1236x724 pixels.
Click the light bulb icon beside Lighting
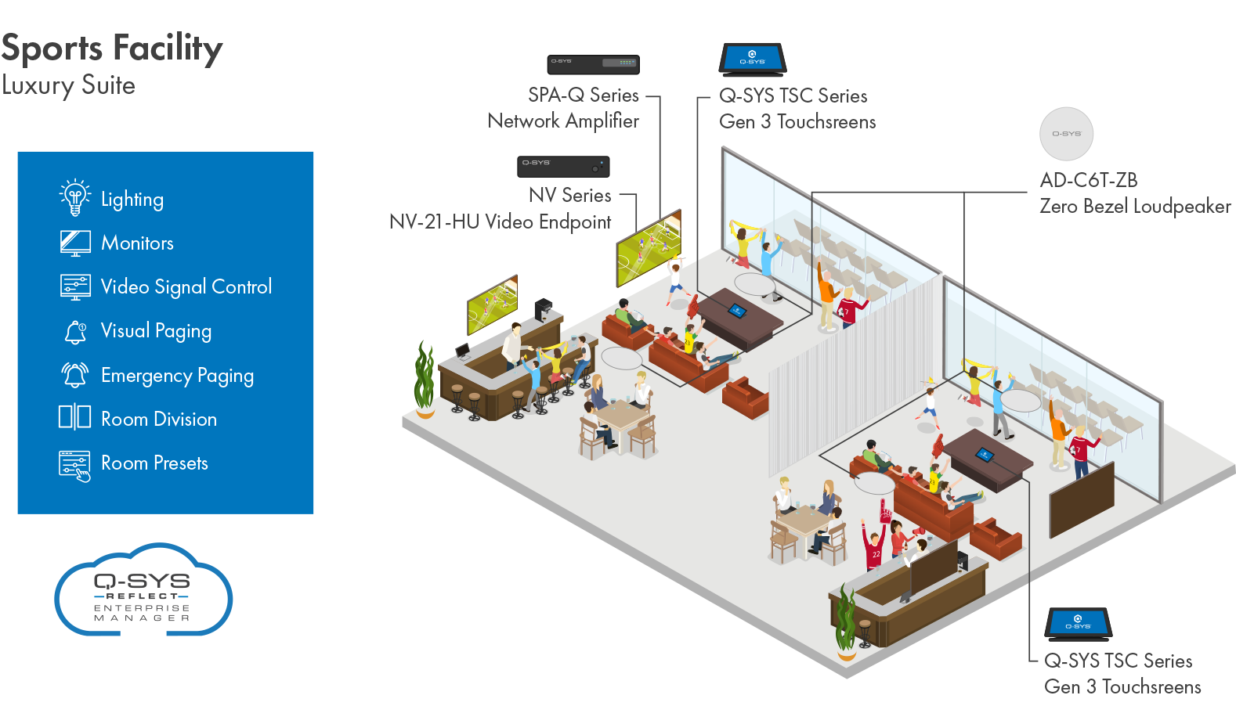(75, 197)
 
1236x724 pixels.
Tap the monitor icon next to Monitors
(75, 243)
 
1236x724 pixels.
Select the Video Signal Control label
(186, 287)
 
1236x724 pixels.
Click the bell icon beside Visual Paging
(75, 332)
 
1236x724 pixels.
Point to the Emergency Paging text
(177, 376)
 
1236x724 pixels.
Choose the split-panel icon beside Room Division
(75, 416)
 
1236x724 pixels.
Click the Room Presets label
(154, 463)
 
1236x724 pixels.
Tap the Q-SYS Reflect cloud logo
(143, 591)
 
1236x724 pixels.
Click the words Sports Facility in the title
(112, 49)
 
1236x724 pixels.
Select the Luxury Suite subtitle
(68, 85)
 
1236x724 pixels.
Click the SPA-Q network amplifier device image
(593, 63)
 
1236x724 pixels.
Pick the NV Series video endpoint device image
(563, 166)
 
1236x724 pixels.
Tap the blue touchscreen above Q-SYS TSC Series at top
(752, 59)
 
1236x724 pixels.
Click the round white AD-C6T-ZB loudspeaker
(1066, 134)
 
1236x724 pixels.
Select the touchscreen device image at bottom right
(1078, 624)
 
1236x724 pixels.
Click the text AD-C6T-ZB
(1088, 180)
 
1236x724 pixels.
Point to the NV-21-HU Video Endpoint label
(500, 222)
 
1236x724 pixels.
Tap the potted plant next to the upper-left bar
(425, 379)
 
